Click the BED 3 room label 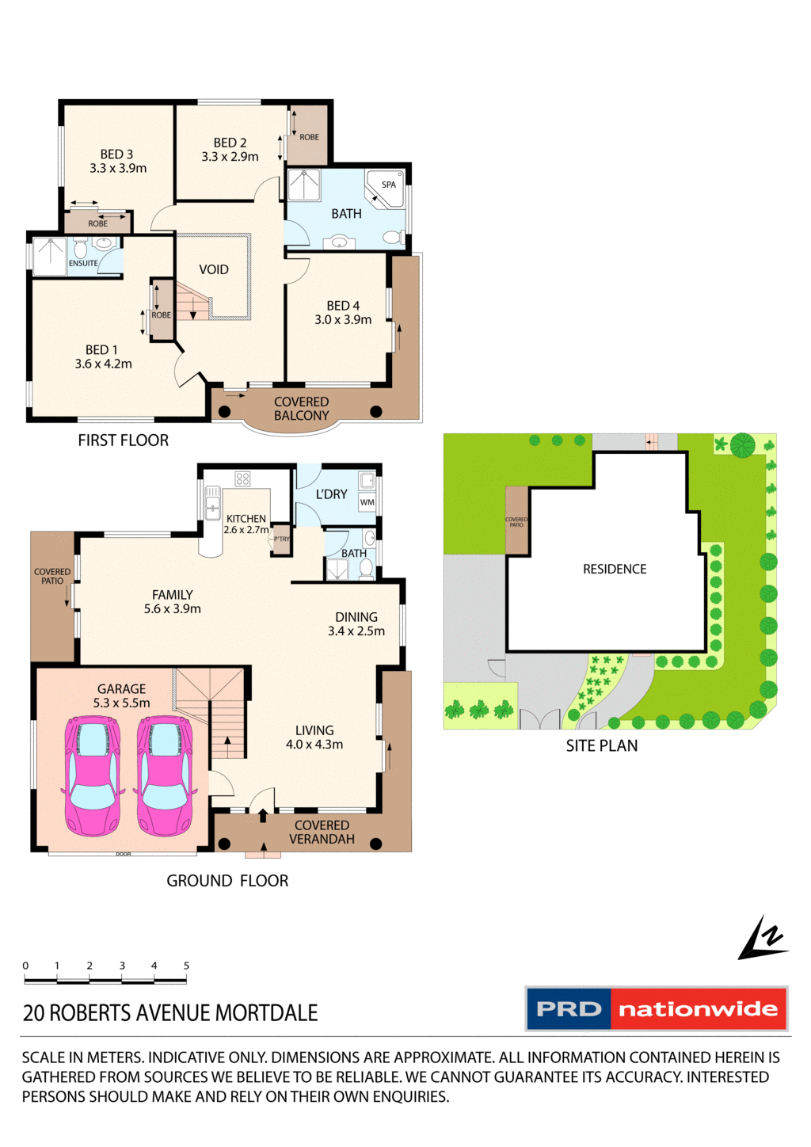point(116,154)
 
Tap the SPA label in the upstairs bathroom point(388,185)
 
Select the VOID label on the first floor point(214,269)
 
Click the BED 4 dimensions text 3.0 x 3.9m point(343,320)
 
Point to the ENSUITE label point(83,263)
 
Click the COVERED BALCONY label point(301,409)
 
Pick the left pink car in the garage point(93,776)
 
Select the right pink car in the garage point(165,776)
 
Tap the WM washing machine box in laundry point(367,502)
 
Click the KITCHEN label point(246,519)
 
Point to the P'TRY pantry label point(281,539)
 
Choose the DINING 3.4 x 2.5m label point(356,624)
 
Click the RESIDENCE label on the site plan point(615,569)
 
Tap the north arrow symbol point(762,939)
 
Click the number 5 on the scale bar point(186,966)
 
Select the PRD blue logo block point(569,1009)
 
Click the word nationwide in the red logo point(698,1009)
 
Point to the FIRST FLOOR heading point(123,440)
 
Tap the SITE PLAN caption point(601,745)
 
